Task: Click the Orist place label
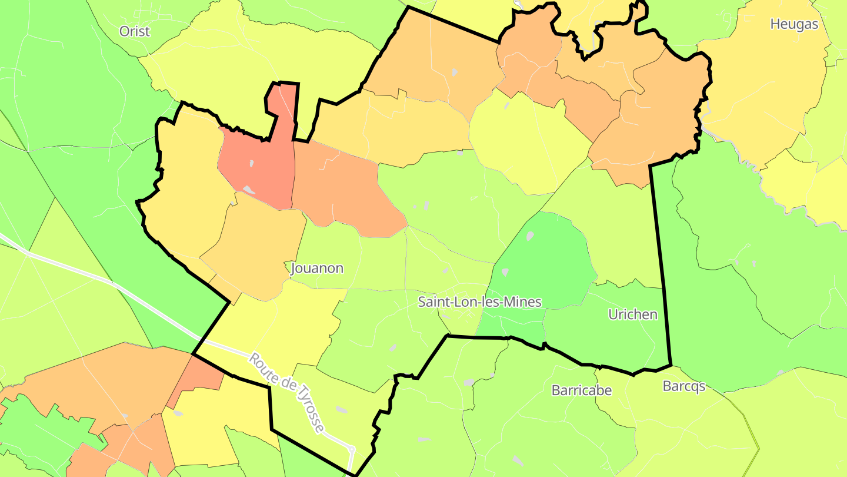pyautogui.click(x=135, y=31)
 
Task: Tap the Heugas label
pyautogui.click(x=794, y=24)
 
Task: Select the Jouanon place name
pyautogui.click(x=317, y=269)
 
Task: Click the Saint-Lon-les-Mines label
pyautogui.click(x=479, y=302)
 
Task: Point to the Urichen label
pyautogui.click(x=633, y=314)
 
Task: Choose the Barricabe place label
pyautogui.click(x=582, y=390)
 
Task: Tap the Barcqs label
pyautogui.click(x=683, y=386)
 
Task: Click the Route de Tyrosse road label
pyautogui.click(x=286, y=392)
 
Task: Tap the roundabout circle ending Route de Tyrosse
pyautogui.click(x=352, y=449)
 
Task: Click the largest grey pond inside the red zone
pyautogui.click(x=249, y=190)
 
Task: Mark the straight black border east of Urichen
pyautogui.click(x=661, y=265)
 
